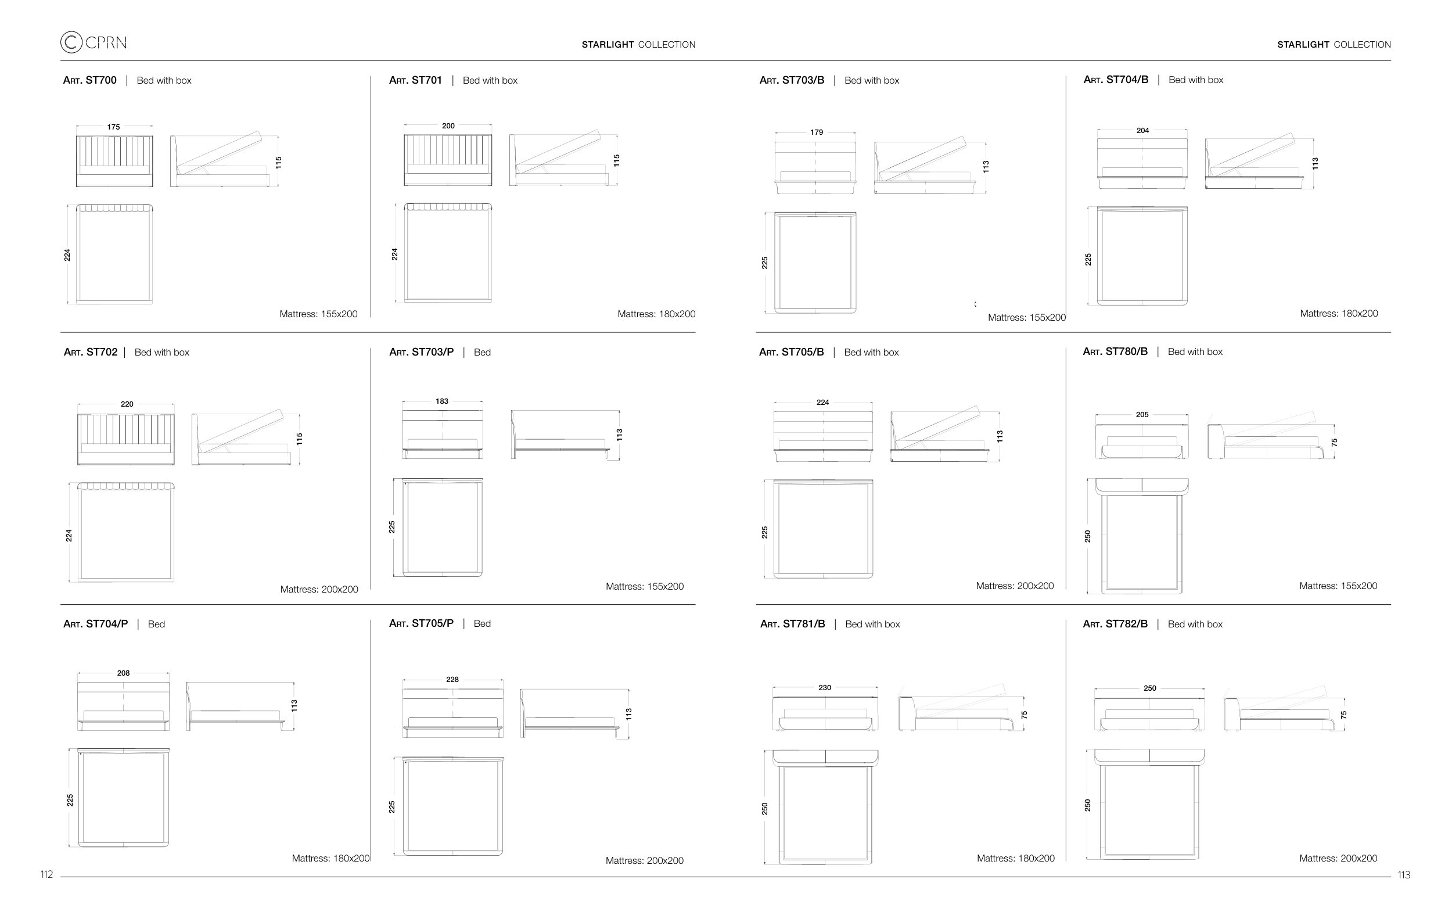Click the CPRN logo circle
[x=71, y=42]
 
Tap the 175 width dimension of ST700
[x=113, y=127]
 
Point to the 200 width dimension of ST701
[x=448, y=126]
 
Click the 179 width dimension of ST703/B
[x=817, y=132]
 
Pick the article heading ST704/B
[x=1116, y=80]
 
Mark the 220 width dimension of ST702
[x=127, y=404]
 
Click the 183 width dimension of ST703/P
[x=442, y=401]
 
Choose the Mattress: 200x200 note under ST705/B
[x=1015, y=586]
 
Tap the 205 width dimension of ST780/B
[x=1142, y=414]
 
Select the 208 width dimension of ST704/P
[x=123, y=673]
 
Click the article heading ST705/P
[x=422, y=623]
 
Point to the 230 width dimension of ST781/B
[x=825, y=688]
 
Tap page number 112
[x=47, y=874]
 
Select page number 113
[x=1404, y=875]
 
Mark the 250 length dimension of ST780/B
[x=1088, y=536]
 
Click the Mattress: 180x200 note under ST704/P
[x=330, y=858]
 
